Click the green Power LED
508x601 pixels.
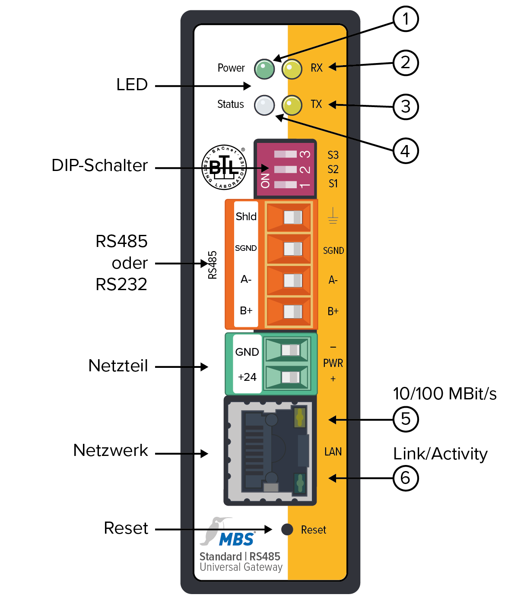(x=264, y=69)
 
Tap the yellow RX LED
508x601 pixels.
(x=292, y=69)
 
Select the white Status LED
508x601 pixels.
(x=264, y=105)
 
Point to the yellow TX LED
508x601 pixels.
(x=292, y=105)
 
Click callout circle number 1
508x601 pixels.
(x=405, y=19)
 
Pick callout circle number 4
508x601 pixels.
(x=405, y=151)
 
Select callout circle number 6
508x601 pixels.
(x=405, y=478)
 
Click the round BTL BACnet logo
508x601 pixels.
(x=224, y=167)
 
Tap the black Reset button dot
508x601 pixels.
(x=287, y=529)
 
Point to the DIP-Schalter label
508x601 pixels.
(x=99, y=165)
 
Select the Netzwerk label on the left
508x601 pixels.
(x=111, y=450)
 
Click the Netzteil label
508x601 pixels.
(x=118, y=366)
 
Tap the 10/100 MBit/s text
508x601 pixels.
(x=444, y=394)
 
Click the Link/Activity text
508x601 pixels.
(x=440, y=454)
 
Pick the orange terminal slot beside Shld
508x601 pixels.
(x=289, y=217)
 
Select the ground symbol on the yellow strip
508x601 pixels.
(x=333, y=215)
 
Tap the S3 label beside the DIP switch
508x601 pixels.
(x=333, y=155)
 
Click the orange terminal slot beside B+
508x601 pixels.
(x=289, y=311)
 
